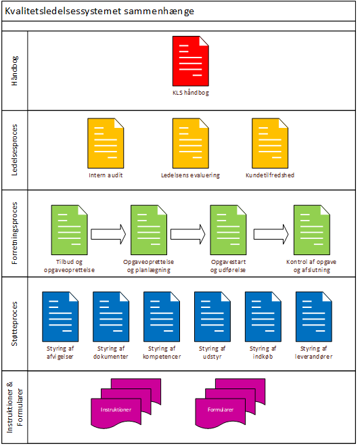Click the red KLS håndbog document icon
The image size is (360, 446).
(x=191, y=61)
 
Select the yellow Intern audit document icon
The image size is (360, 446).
(x=106, y=143)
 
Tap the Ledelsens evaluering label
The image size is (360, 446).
(x=190, y=175)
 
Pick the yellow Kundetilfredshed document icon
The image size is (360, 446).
(x=270, y=143)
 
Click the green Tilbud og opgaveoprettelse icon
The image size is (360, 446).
(x=69, y=230)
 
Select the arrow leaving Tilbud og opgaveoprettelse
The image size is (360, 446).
(x=108, y=234)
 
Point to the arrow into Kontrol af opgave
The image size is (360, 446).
(x=271, y=234)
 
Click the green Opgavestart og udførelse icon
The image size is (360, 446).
(x=228, y=230)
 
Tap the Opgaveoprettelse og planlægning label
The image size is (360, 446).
(x=148, y=266)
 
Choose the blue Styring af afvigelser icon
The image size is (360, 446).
(x=60, y=317)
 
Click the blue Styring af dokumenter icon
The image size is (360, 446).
(x=111, y=317)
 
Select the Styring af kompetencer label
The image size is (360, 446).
(x=162, y=353)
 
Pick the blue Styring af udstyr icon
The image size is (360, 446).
(x=212, y=317)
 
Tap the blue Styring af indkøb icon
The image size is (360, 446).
(x=263, y=317)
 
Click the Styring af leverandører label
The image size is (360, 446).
(x=314, y=353)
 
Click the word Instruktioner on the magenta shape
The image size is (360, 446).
(x=116, y=409)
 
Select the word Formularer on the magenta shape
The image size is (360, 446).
(x=221, y=409)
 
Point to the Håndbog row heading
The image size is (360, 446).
(x=14, y=71)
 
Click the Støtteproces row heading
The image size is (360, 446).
(x=14, y=324)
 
